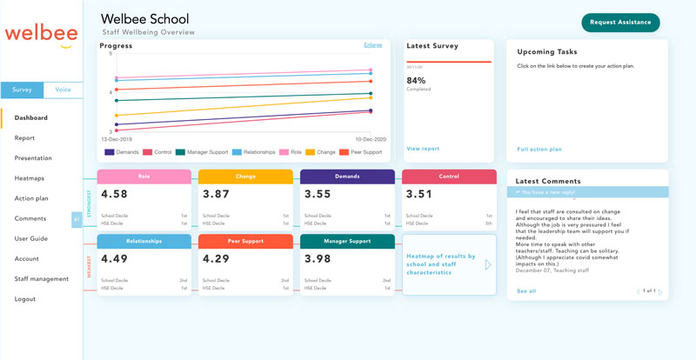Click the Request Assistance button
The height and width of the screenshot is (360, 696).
[620, 23]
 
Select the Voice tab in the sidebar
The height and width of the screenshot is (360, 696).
[63, 90]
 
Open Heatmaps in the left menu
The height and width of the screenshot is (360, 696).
[30, 177]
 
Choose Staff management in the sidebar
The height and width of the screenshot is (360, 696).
[41, 278]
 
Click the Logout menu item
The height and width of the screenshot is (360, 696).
[25, 298]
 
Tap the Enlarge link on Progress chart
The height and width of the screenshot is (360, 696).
[372, 44]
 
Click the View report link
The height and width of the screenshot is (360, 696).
[423, 149]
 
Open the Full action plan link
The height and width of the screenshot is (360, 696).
[539, 149]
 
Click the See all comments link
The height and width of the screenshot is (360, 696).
[525, 291]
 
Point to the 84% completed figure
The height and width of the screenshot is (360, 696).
[416, 80]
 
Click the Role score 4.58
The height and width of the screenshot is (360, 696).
[115, 195]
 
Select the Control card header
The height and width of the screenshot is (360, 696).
[449, 177]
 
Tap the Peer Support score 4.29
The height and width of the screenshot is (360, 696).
[217, 258]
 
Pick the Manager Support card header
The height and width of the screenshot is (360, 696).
[347, 241]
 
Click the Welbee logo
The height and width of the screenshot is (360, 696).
[40, 34]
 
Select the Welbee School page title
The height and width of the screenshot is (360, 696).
[144, 18]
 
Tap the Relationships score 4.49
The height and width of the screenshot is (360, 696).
[115, 258]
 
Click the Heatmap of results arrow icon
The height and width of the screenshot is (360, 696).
[488, 264]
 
